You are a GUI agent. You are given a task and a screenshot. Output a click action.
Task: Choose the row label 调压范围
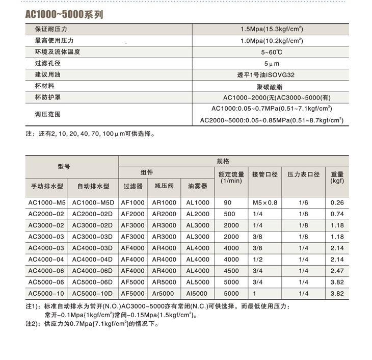click(47, 114)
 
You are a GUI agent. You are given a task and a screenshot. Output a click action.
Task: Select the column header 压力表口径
click(303, 174)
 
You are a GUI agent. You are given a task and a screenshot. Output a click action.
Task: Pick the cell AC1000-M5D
click(92, 202)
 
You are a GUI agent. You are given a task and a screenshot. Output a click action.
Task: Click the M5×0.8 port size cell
click(265, 202)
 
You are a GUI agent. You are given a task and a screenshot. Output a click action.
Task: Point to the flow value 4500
click(231, 271)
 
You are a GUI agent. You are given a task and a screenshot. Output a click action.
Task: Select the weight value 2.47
click(337, 271)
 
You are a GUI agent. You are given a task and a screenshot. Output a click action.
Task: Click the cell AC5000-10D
click(92, 294)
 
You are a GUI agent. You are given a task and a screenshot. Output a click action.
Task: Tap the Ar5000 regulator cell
click(164, 294)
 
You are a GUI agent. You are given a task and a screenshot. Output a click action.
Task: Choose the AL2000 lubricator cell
click(198, 214)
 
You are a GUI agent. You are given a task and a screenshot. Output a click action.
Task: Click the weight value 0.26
click(337, 202)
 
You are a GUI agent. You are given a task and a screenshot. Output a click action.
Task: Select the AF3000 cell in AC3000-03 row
click(132, 237)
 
